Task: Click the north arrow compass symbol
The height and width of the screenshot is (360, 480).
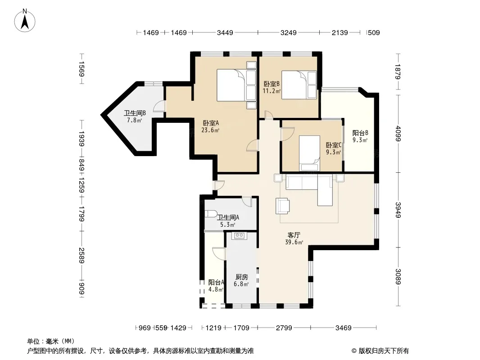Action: coord(25,21)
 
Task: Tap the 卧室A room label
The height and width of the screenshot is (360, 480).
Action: coord(211,123)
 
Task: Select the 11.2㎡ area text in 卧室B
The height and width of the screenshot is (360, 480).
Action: coord(272,91)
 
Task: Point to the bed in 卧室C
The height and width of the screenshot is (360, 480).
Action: coord(309,153)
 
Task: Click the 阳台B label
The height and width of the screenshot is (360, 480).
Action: coord(360,133)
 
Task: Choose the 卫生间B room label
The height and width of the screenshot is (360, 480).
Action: coord(135,113)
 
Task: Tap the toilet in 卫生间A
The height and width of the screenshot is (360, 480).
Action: coord(211,213)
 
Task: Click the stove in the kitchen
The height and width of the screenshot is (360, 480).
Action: coord(239,235)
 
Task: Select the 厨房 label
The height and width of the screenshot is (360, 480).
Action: coord(241,277)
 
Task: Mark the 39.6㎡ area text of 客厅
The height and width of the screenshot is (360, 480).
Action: coord(294,242)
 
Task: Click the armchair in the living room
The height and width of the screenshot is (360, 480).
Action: coord(282,206)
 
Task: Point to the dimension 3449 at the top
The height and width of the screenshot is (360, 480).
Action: coord(225,32)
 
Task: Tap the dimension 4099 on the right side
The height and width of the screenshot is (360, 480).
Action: coord(398,133)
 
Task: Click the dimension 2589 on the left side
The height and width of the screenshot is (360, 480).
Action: coord(82,256)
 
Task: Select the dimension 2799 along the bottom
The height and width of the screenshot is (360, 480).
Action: coord(284,328)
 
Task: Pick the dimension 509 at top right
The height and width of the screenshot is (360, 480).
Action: coord(374,32)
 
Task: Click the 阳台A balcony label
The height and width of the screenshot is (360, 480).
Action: coord(216,282)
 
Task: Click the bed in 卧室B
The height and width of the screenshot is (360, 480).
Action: coord(299,85)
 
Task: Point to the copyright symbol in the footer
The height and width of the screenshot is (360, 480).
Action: coord(354,351)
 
